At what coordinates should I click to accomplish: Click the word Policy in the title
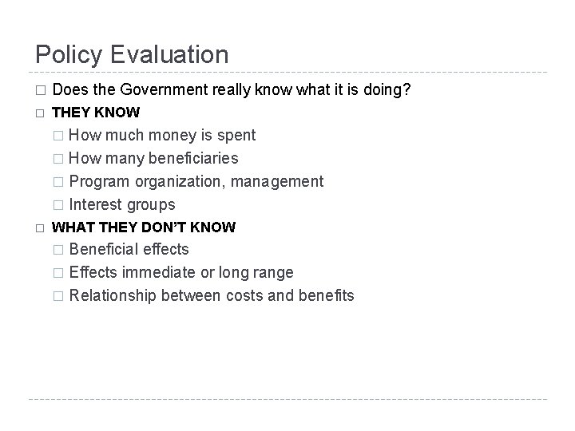pyautogui.click(x=69, y=55)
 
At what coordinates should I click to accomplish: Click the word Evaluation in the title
pyautogui.click(x=169, y=55)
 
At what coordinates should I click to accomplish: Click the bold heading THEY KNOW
pyautogui.click(x=95, y=113)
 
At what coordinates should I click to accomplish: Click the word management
pyautogui.click(x=279, y=181)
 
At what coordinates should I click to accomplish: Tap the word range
pyautogui.click(x=274, y=273)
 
